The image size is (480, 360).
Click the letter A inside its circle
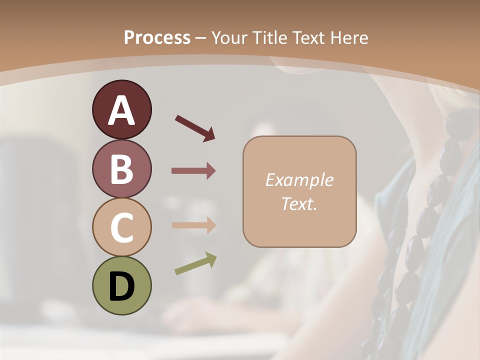[121, 110]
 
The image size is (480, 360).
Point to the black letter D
[121, 286]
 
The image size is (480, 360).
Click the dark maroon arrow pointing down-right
[195, 127]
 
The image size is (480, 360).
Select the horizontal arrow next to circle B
[193, 171]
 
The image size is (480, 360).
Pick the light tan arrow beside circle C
[193, 225]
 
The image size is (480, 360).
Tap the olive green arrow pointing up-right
[195, 263]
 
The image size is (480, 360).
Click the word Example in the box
[299, 180]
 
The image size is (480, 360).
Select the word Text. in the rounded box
[299, 204]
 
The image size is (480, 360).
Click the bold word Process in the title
[157, 37]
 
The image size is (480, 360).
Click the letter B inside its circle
[121, 169]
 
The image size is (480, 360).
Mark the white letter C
[121, 227]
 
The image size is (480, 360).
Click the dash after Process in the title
[201, 38]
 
